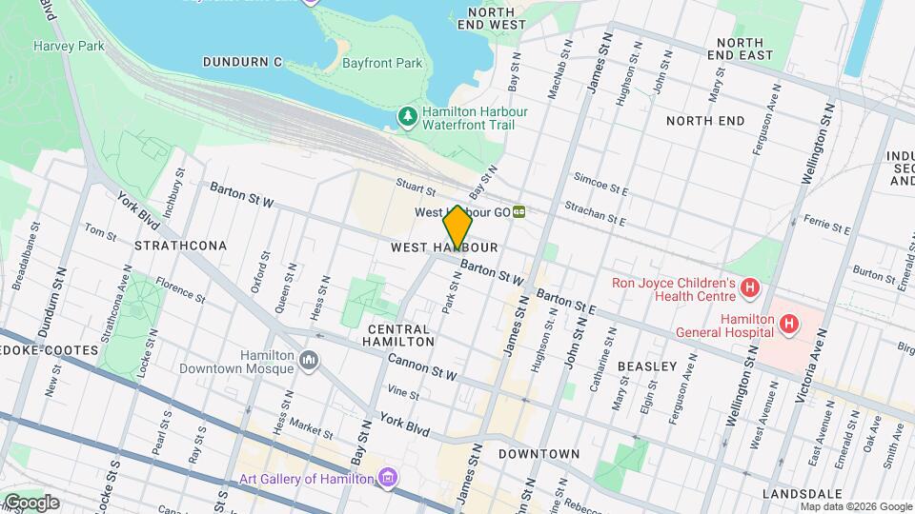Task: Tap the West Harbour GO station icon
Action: click(519, 212)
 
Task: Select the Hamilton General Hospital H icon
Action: click(788, 325)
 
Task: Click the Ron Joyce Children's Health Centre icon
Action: click(751, 287)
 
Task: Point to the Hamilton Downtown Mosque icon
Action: click(308, 360)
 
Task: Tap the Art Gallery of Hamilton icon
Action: click(387, 477)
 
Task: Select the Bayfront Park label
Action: click(382, 64)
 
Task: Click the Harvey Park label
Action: click(60, 45)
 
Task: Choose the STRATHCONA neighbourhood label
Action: click(180, 246)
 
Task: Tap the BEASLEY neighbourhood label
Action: click(646, 366)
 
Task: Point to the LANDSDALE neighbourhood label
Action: click(803, 494)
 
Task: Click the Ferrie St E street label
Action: click(825, 227)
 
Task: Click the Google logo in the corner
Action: click(30, 503)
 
